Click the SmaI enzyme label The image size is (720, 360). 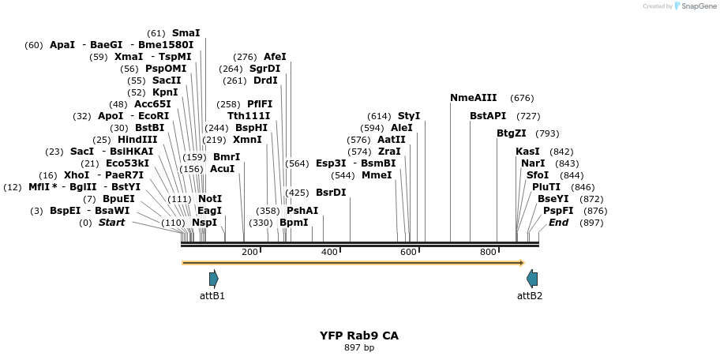coord(186,33)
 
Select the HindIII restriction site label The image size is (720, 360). coord(137,139)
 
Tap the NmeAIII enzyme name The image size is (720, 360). coord(474,98)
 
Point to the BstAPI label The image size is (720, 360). coord(488,116)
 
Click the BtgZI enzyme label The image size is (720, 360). coord(512,133)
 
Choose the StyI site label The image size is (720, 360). coord(409,116)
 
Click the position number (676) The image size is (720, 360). coord(522,98)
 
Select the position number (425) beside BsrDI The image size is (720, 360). coord(297,193)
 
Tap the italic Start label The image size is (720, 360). coord(111,223)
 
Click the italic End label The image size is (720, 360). coord(558,223)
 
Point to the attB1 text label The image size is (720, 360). coord(212,295)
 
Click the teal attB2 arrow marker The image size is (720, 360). coord(532,279)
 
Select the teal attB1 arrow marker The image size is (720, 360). coord(213,279)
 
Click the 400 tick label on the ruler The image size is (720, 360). coord(329,252)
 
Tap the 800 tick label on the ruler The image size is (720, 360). coord(488,252)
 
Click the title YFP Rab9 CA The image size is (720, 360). coord(359,336)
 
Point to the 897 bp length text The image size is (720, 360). coord(359,347)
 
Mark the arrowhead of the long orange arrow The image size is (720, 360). coord(522,263)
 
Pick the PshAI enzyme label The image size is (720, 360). coord(302,210)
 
